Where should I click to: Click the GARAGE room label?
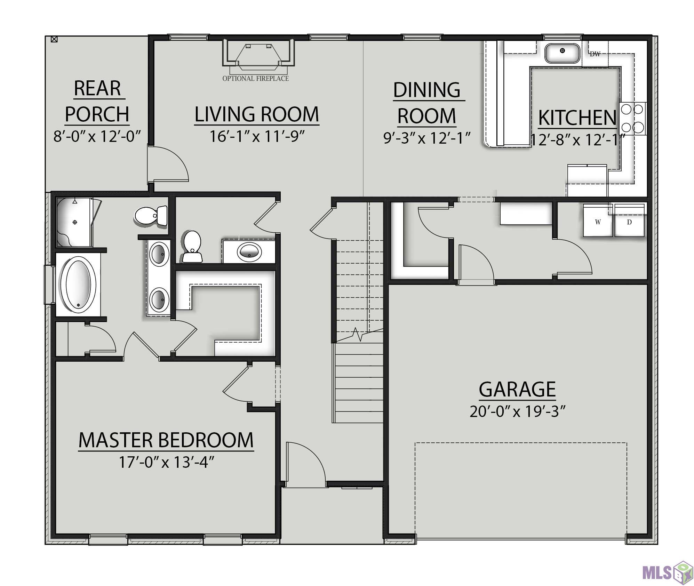[x=517, y=389]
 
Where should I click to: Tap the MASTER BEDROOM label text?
[x=166, y=440]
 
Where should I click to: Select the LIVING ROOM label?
[x=256, y=114]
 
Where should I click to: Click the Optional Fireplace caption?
[x=256, y=79]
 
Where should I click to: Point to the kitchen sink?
[x=562, y=53]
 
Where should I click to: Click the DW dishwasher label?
[x=595, y=54]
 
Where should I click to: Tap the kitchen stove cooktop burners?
[x=632, y=119]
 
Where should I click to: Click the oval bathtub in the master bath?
[x=78, y=284]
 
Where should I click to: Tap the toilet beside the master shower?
[x=151, y=216]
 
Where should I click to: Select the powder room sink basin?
[x=249, y=250]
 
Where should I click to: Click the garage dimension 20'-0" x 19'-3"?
[x=517, y=411]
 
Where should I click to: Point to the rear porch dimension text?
[x=97, y=136]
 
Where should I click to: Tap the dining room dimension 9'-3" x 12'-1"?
[x=427, y=138]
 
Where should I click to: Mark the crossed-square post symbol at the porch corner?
[x=54, y=39]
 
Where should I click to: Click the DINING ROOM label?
[x=427, y=103]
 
